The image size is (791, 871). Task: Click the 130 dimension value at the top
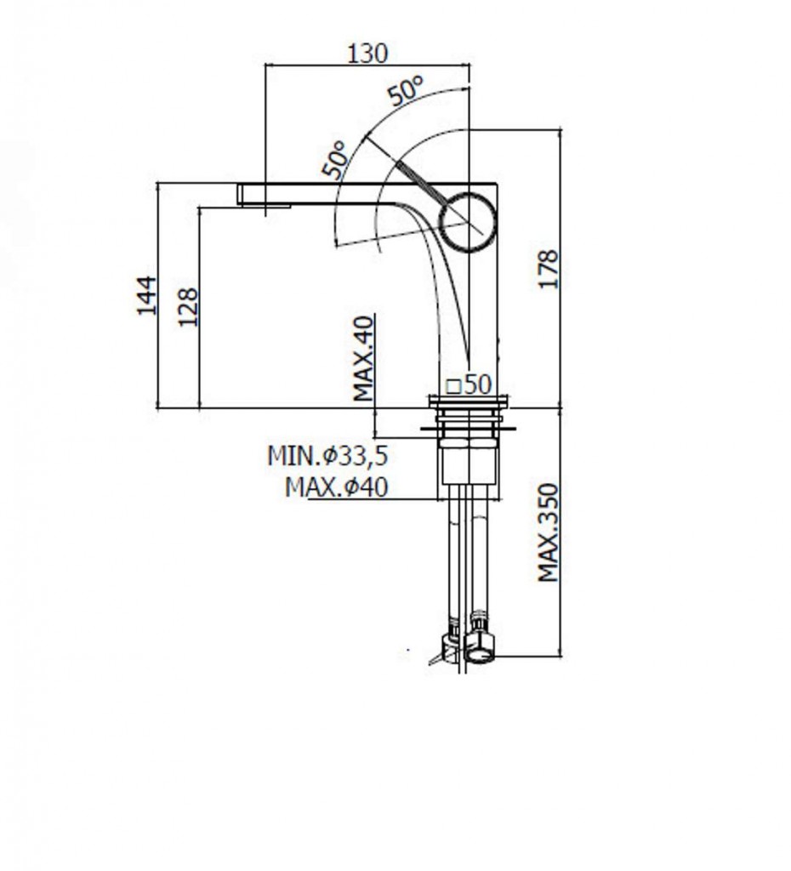click(x=367, y=54)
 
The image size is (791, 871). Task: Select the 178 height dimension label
click(x=549, y=270)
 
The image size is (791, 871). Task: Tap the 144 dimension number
click(x=146, y=295)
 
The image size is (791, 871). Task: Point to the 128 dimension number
click(x=187, y=306)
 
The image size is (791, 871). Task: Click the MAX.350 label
click(x=548, y=532)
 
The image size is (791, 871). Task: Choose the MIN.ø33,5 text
click(x=327, y=456)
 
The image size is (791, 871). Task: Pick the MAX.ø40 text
click(x=337, y=487)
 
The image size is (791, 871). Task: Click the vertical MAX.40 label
click(x=364, y=358)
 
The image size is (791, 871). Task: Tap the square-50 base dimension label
click(x=469, y=384)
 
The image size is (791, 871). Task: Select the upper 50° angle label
click(x=406, y=90)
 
